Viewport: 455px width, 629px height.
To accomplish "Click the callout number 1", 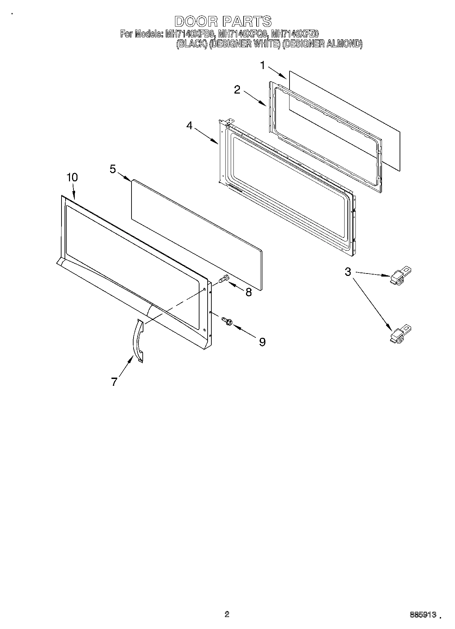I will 262,65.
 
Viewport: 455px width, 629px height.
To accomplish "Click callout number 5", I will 113,169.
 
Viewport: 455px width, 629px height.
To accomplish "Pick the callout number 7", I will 114,382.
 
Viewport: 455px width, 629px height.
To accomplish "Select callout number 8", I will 249,292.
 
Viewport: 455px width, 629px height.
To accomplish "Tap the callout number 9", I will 262,342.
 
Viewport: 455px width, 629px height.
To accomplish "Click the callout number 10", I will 72,177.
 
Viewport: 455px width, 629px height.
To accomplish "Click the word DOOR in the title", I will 196,21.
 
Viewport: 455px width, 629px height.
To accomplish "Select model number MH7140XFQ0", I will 243,34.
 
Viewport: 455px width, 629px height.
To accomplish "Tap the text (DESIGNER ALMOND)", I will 322,44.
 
